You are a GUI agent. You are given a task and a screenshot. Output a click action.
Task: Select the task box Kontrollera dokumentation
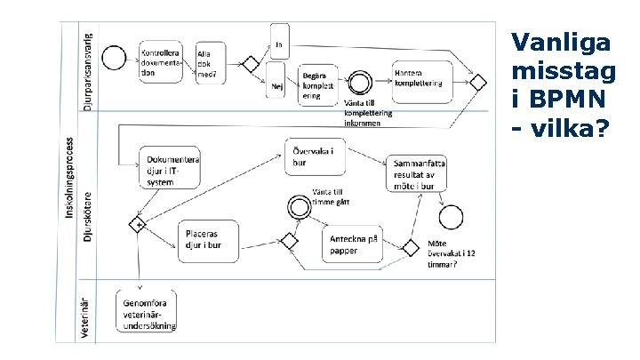[161, 62]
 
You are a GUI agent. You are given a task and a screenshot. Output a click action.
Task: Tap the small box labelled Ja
[277, 44]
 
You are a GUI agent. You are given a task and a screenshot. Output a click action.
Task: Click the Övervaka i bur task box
[315, 157]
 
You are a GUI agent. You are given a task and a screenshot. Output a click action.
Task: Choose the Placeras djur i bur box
[209, 240]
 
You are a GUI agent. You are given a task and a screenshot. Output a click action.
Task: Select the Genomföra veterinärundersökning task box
[148, 311]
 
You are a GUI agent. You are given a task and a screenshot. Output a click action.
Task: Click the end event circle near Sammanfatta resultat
[452, 214]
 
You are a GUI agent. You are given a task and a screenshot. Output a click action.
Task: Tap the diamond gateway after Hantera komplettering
[478, 83]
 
